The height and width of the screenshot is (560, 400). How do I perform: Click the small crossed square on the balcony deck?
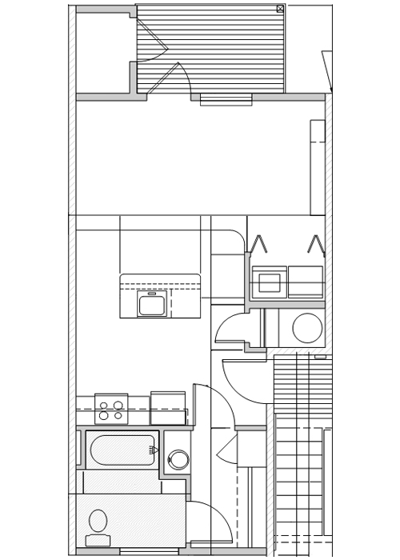click(x=280, y=9)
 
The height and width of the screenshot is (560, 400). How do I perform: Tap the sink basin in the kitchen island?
click(x=152, y=305)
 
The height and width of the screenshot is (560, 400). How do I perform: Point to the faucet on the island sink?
click(x=152, y=294)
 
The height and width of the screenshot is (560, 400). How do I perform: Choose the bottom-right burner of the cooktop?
click(x=118, y=416)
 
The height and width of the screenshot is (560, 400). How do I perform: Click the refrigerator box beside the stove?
click(x=168, y=407)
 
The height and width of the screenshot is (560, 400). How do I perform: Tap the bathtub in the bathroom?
click(x=122, y=450)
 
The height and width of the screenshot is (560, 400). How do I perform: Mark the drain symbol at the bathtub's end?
click(x=152, y=450)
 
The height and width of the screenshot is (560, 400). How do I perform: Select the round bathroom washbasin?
click(x=178, y=459)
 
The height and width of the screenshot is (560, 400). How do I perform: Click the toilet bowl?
click(x=98, y=521)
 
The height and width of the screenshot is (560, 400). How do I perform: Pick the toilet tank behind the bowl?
click(x=98, y=541)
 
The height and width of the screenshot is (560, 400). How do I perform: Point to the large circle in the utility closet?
click(x=307, y=328)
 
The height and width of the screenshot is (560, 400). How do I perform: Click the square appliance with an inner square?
click(x=270, y=282)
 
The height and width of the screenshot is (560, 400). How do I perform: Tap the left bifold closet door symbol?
click(x=258, y=244)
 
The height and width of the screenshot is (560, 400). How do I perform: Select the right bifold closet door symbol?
click(x=316, y=244)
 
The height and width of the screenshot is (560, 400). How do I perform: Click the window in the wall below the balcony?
click(x=226, y=100)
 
